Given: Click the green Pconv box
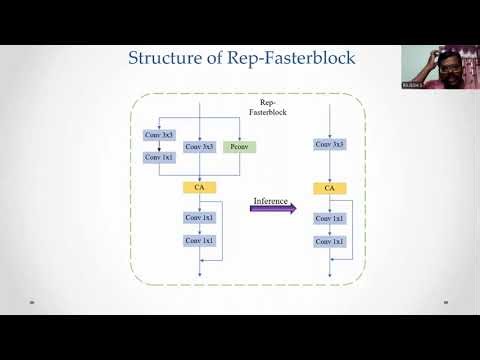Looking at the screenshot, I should pos(238,147).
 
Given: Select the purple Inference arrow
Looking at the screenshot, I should pos(273,209).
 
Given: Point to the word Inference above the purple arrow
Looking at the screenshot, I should pos(270,201).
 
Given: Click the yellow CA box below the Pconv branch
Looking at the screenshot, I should pos(200,187).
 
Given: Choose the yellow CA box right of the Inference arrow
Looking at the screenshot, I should pos(329,187).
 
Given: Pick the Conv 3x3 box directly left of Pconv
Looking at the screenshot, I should pos(200,147).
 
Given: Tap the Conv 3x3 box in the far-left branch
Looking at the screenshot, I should pos(159,134).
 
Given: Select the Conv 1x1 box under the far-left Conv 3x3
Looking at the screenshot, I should pos(159,157).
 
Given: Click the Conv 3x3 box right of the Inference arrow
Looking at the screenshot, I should pos(329,144).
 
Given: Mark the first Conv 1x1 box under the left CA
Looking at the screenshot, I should pos(200,217).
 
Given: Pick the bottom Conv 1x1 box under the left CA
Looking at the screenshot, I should pos(200,241).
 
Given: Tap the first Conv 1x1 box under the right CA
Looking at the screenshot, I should pos(329,217).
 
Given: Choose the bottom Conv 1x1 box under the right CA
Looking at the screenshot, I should pos(329,241).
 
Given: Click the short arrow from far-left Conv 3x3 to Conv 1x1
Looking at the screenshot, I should pos(159,146).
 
